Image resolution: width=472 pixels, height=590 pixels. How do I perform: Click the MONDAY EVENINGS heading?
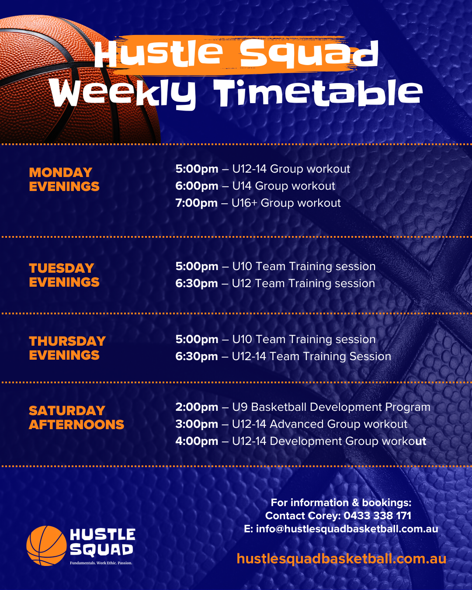click(64, 179)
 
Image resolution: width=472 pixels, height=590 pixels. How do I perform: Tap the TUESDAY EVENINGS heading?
click(64, 275)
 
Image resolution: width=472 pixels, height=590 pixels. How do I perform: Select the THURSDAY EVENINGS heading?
click(67, 348)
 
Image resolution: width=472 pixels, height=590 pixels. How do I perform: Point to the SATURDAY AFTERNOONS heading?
click(76, 417)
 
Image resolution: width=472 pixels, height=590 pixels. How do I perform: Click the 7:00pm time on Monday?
click(196, 203)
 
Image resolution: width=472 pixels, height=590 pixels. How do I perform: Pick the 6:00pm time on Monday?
click(197, 186)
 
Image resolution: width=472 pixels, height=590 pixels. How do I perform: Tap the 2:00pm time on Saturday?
click(197, 407)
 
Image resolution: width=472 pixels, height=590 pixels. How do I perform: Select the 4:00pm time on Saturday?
click(197, 441)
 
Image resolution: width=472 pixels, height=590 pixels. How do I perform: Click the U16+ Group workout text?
click(286, 203)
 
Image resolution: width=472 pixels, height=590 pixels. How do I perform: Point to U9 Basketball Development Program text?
click(331, 407)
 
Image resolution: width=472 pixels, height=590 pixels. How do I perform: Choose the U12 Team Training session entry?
click(303, 284)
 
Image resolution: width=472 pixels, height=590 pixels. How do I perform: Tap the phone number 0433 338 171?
click(377, 516)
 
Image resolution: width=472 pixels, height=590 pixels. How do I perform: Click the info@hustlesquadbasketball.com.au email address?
click(347, 529)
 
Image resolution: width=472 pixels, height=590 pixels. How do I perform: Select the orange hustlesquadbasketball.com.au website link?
click(341, 559)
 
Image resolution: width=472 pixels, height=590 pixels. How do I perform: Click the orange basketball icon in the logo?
click(47, 546)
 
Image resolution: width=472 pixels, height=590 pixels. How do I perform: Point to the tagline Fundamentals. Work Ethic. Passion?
click(101, 563)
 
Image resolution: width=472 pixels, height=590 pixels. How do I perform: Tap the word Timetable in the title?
click(318, 93)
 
